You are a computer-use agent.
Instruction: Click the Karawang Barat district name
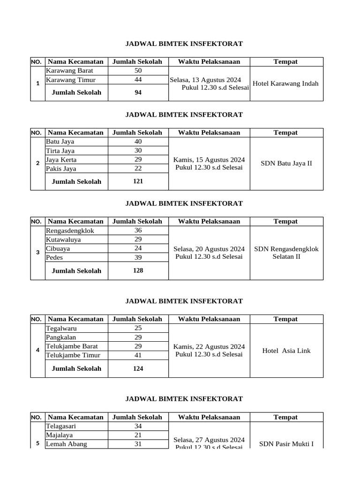tap(69, 71)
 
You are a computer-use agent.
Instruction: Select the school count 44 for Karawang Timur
tap(138, 80)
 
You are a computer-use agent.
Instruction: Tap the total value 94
tap(138, 92)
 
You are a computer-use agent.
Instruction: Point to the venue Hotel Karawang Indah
tap(285, 83)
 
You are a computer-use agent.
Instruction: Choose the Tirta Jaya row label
tap(60, 150)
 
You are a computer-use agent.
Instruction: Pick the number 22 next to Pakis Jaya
tap(138, 168)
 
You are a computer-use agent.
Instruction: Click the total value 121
tap(138, 181)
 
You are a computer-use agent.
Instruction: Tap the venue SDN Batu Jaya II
tap(286, 164)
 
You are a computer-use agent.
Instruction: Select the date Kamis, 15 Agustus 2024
tap(209, 159)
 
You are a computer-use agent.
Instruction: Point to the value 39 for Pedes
tap(138, 257)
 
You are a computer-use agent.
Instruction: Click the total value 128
tap(138, 270)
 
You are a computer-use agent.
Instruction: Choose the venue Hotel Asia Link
tap(286, 351)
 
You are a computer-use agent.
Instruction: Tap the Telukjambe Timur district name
tap(70, 355)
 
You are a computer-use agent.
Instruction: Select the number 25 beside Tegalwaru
tap(138, 328)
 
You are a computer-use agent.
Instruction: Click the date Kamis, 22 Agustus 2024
tap(209, 346)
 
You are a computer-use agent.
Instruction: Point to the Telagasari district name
tap(61, 427)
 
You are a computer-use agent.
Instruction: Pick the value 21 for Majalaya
tap(138, 435)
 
